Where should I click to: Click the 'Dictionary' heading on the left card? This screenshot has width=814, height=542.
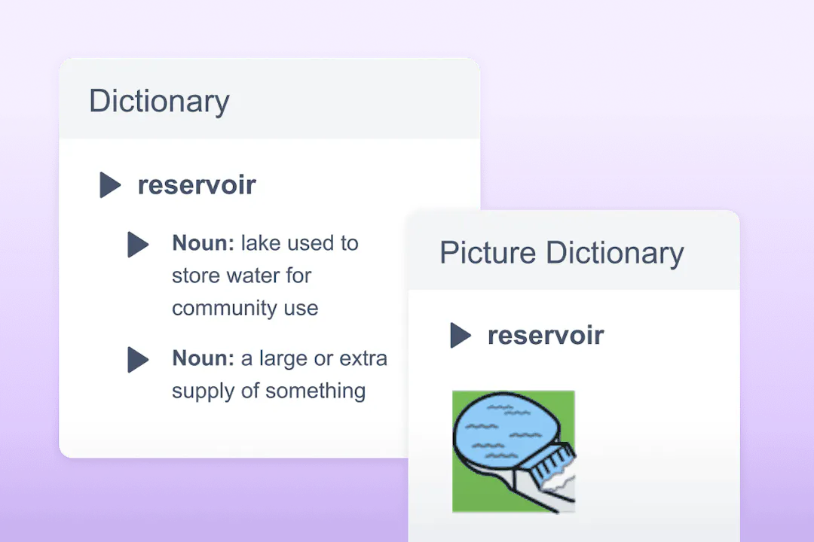tap(159, 102)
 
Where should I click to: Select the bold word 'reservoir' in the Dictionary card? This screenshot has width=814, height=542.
tap(197, 184)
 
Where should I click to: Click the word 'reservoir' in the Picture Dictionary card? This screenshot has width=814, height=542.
tap(546, 335)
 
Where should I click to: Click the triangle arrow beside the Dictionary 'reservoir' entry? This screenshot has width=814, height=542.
tap(110, 185)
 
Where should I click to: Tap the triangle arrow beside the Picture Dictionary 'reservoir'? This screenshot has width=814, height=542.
tap(460, 335)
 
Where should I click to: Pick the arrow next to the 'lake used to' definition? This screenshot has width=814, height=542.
tap(138, 244)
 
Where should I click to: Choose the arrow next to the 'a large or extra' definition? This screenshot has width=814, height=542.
tap(138, 359)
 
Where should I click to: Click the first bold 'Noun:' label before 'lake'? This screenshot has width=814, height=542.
tap(203, 243)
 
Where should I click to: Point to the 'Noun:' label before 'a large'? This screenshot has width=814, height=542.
tap(203, 358)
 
